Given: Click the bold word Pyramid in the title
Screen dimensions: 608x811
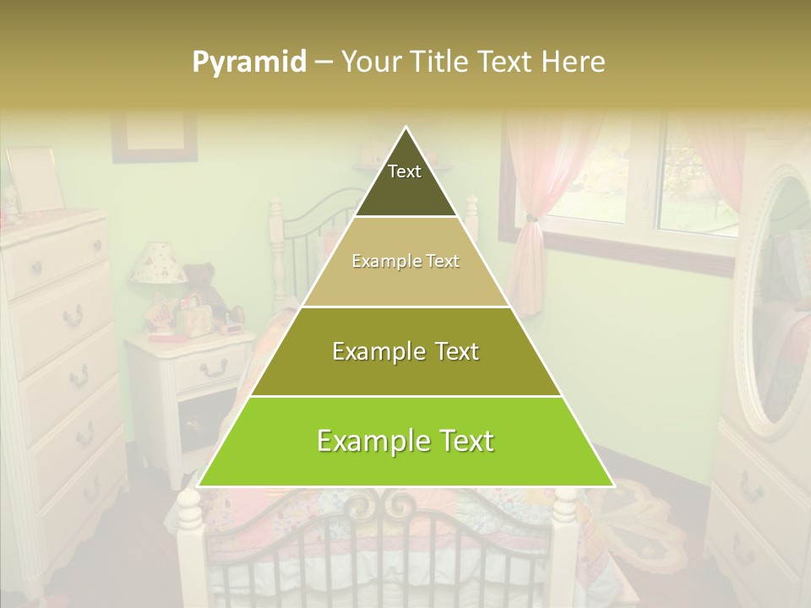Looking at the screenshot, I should click(249, 62).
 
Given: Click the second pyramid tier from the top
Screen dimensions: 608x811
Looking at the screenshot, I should click(405, 262).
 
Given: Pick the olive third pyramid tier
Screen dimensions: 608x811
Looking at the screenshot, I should click(405, 351).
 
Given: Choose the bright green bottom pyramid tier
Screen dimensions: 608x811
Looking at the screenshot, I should click(405, 441).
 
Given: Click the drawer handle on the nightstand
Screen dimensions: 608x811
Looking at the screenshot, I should click(213, 367).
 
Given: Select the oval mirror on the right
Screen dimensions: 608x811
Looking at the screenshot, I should click(776, 296).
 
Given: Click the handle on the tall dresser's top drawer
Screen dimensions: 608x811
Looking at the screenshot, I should click(36, 268).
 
